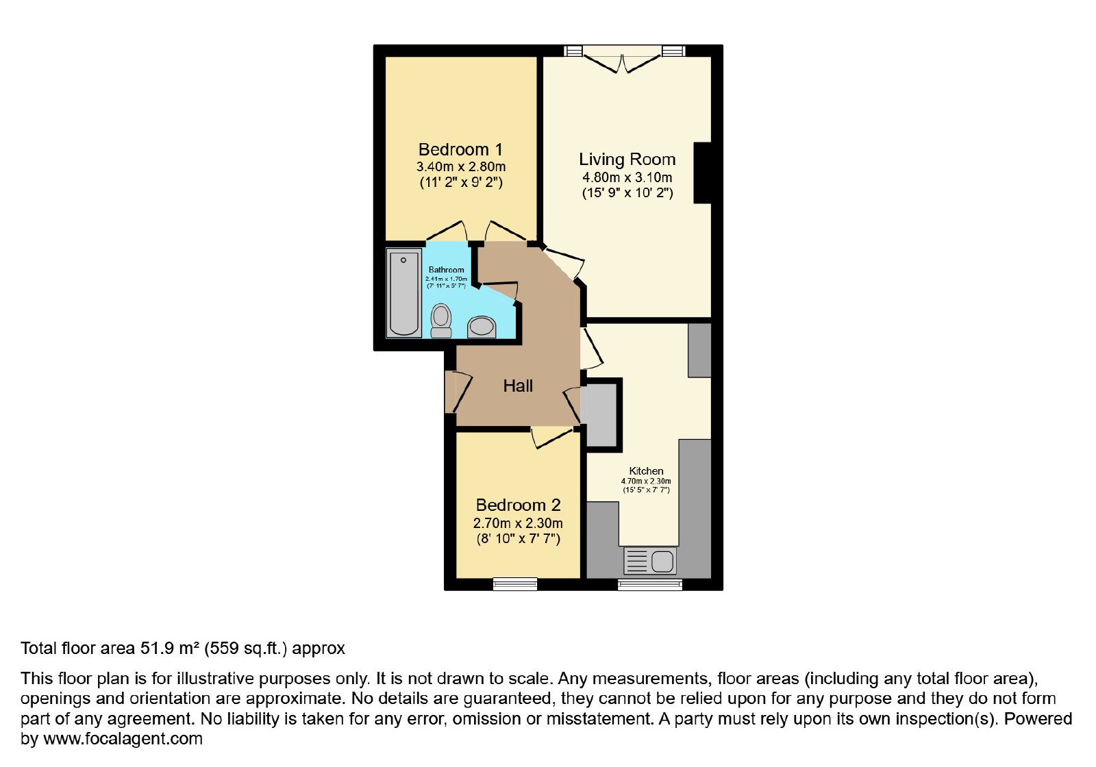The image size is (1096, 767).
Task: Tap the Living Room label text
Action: tap(627, 160)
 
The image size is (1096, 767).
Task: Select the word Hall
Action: tap(518, 386)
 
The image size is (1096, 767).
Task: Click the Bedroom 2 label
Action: tap(518, 505)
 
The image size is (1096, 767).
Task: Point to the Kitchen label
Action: tap(646, 470)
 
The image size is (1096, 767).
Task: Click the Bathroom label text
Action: tap(446, 270)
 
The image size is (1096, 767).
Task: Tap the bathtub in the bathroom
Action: tap(403, 293)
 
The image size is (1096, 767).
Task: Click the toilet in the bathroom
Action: tap(441, 320)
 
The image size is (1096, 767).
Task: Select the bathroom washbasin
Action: tap(482, 327)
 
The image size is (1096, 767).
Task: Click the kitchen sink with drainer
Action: tap(650, 561)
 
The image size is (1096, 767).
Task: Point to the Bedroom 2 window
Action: tap(514, 584)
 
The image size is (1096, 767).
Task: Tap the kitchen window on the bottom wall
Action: tap(650, 585)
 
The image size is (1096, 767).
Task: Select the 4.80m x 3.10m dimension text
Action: tap(627, 177)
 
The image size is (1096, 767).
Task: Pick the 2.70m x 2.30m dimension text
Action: tap(518, 523)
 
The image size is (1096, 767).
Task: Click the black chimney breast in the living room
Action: tap(702, 173)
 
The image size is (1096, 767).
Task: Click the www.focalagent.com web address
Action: tap(123, 739)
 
